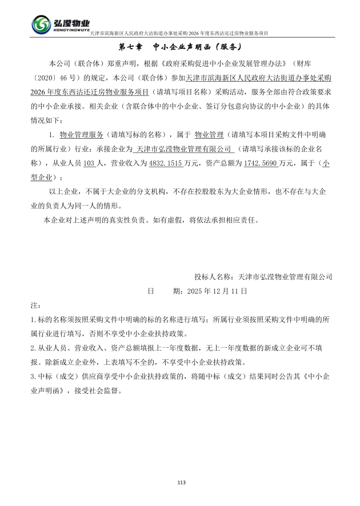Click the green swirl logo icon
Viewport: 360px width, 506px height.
[41, 25]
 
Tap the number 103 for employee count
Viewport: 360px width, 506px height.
[89, 163]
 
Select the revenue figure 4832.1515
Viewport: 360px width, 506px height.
[165, 163]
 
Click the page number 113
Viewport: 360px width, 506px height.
[181, 483]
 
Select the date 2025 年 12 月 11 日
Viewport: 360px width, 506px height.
[217, 291]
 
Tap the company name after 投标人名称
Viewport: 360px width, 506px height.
[285, 276]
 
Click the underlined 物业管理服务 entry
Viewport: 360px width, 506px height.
[82, 134]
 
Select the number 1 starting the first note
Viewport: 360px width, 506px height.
[32, 320]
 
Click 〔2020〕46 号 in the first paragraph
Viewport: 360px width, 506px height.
[55, 77]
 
